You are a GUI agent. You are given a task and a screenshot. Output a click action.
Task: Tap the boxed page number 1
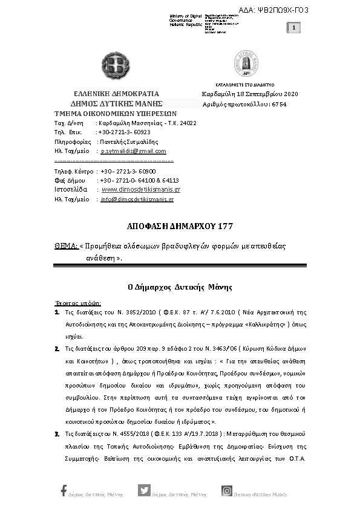[x=293, y=28]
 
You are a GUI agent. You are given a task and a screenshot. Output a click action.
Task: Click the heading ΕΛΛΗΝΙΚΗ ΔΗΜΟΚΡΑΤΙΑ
[x=116, y=94]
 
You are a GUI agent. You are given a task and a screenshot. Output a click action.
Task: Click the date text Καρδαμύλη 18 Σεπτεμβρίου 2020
[x=250, y=94]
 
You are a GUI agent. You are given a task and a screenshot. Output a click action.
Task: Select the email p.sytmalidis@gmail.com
[x=133, y=151]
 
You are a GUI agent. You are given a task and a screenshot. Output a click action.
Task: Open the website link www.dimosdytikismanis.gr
[x=141, y=189]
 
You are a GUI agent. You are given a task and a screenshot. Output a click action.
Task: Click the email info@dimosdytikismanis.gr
[x=137, y=199]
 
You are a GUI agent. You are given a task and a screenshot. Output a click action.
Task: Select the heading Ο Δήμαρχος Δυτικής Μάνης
[x=180, y=287]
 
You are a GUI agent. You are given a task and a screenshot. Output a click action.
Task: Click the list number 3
[x=57, y=433]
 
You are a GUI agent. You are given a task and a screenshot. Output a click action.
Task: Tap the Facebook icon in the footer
[x=64, y=491]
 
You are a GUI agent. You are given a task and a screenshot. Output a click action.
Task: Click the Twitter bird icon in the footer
[x=144, y=491]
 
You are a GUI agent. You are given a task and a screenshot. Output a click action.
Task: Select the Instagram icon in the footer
[x=227, y=491]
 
